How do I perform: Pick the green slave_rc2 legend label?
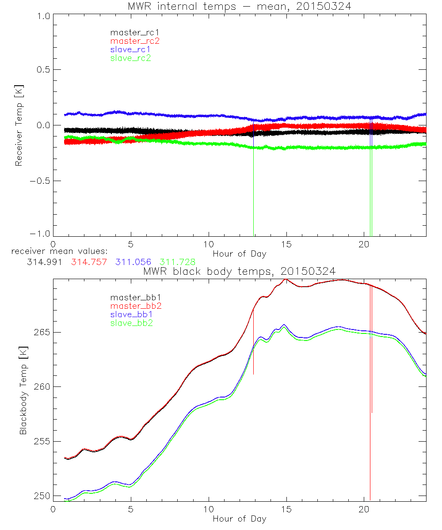pyautogui.click(x=130, y=57)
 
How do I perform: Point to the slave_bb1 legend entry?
pyautogui.click(x=130, y=314)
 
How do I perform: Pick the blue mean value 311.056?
pyautogui.click(x=133, y=262)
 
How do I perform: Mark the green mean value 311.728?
pyautogui.click(x=177, y=262)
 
